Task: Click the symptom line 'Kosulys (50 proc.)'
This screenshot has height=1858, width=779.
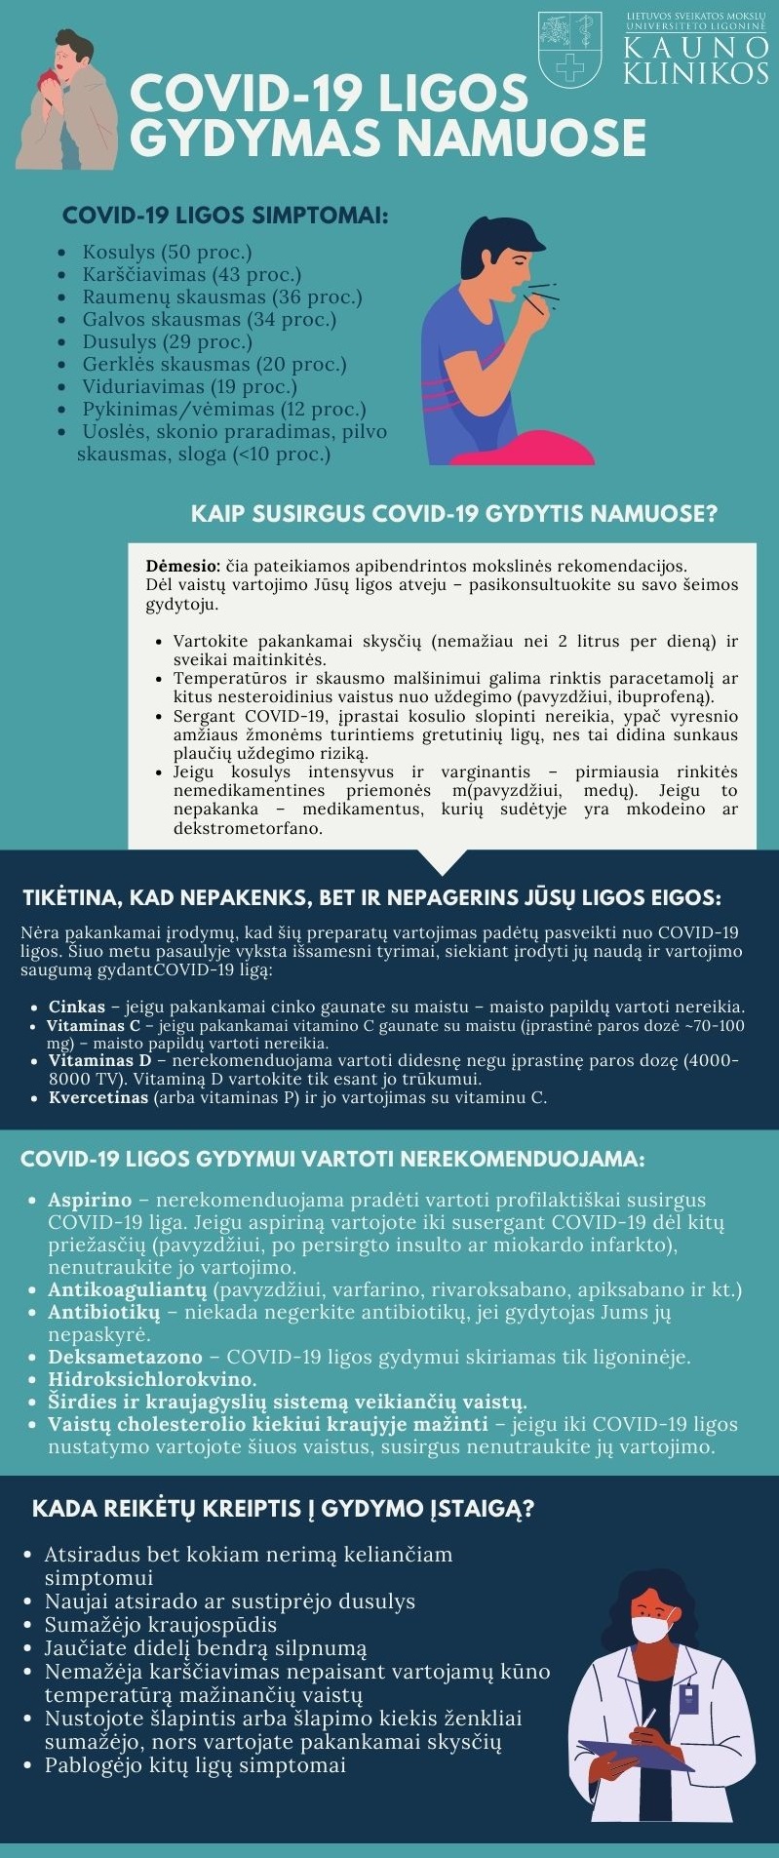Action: pos(167,253)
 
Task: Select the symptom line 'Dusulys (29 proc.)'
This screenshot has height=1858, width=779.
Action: pos(167,342)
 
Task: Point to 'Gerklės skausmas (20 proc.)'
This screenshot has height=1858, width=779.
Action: pos(214,365)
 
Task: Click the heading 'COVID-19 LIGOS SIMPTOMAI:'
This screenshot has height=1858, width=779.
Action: pos(225,216)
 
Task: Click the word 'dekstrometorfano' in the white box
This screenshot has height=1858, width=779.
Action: pos(248,829)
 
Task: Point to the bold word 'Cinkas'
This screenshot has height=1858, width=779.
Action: pos(77,1008)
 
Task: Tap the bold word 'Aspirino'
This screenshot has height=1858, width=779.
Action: pos(90,1200)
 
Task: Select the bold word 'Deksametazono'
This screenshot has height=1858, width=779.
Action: pos(125,1357)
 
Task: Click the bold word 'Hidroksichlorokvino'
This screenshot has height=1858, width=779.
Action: pos(151,1379)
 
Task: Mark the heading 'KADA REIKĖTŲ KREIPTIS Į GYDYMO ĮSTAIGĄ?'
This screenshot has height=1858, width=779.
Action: pos(283,1509)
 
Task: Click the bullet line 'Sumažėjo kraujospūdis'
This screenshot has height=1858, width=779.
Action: pos(161,1625)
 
